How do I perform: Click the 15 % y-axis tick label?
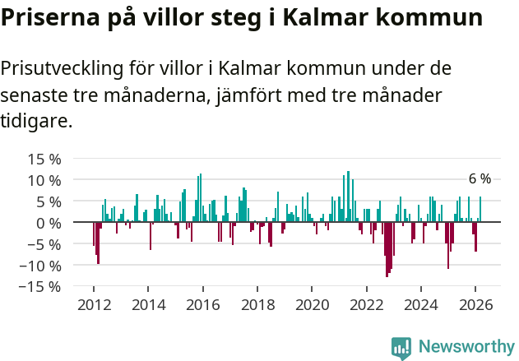44,159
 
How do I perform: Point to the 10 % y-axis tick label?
44,180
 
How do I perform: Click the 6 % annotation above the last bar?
480,179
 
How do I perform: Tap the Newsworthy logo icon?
401,348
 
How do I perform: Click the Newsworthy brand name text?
466,348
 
